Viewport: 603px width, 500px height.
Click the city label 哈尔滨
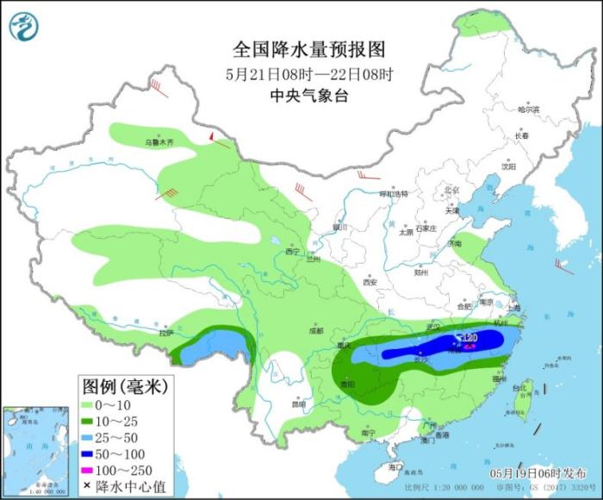(x=527, y=109)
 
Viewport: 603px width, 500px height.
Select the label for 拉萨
(x=165, y=332)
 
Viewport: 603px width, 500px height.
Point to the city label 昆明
(x=297, y=403)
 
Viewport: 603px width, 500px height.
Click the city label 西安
(x=370, y=282)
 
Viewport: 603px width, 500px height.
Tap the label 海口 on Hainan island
(x=395, y=466)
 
